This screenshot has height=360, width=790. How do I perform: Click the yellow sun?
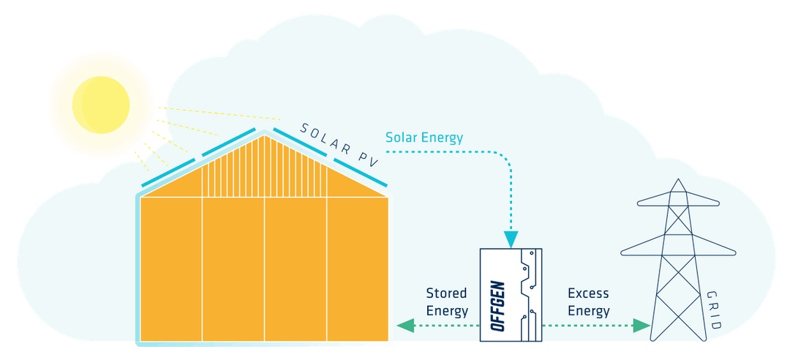click(x=100, y=105)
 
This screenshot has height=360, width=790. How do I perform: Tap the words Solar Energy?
click(x=424, y=138)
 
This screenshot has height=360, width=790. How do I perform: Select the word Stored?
click(x=446, y=294)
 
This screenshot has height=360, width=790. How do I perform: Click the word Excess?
click(x=588, y=294)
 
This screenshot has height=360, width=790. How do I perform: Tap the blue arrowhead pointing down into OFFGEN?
click(x=511, y=239)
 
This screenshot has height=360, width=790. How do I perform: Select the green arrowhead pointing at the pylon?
click(x=642, y=325)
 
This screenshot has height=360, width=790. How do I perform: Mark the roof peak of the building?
click(x=266, y=133)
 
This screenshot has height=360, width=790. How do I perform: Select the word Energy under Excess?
click(x=588, y=311)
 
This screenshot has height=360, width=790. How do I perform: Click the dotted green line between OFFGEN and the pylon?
click(x=585, y=325)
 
